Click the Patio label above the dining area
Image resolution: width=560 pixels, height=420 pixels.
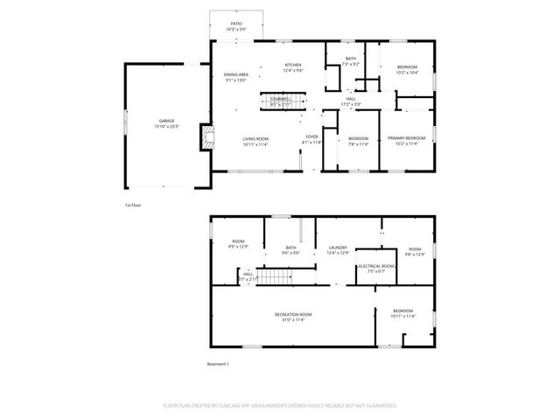[236, 26]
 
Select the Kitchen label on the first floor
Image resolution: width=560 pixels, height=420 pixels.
[292, 68]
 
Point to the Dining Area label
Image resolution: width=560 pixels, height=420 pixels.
[236, 78]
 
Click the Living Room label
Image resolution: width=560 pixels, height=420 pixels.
[255, 141]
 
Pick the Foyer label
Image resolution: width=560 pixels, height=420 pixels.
[311, 139]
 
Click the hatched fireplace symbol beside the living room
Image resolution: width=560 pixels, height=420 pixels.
[206, 136]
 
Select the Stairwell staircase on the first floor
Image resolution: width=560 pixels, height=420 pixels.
[280, 103]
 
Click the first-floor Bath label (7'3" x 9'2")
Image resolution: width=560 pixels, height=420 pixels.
[350, 61]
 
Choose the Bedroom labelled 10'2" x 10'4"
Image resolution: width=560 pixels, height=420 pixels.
[407, 70]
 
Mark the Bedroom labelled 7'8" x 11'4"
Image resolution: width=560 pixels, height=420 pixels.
[358, 141]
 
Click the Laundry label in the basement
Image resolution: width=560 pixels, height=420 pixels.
[338, 250]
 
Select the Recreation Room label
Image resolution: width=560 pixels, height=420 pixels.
[292, 317]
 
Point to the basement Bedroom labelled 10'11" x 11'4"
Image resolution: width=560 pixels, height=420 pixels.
[402, 313]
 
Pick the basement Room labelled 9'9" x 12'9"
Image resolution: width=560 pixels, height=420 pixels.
[238, 244]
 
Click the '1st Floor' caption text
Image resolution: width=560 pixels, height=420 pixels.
[133, 205]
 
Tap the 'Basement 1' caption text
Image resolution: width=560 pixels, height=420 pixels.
[218, 364]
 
